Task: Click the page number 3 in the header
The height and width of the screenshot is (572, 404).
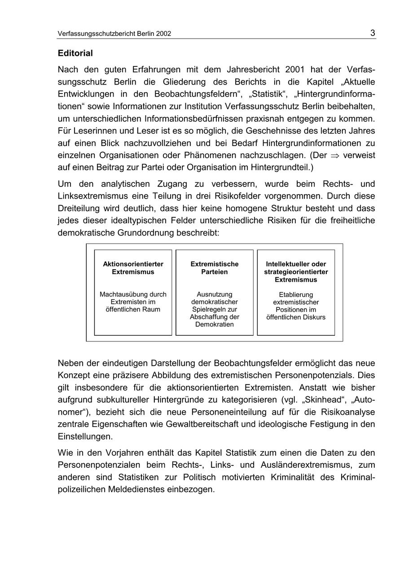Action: (373, 33)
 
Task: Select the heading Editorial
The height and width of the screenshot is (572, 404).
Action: (75, 53)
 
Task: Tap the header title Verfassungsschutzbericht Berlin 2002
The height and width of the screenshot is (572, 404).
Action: (114, 34)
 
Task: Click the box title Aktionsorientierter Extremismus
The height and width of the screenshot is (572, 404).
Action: (133, 268)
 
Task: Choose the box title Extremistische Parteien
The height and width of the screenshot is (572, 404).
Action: (215, 268)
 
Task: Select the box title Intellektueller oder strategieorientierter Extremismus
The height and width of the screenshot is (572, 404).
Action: (296, 271)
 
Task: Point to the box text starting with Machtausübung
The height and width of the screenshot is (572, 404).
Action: (133, 302)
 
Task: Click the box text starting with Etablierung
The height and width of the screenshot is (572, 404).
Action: (296, 306)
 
